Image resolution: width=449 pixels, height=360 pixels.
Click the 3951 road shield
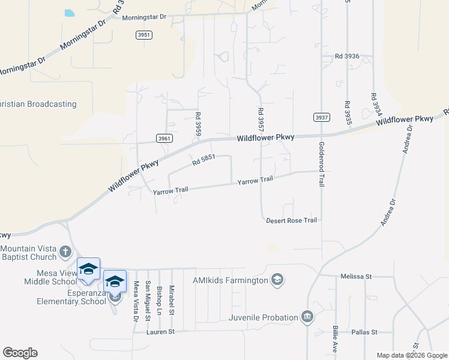[x=143, y=35]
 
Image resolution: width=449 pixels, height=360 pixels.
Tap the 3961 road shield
[x=165, y=139]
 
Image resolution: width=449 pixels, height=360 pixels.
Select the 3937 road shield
[x=322, y=118]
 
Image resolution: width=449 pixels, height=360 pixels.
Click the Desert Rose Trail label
[x=291, y=220]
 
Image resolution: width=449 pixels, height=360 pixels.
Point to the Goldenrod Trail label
[x=322, y=164]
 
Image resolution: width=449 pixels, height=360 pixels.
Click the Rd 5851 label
[x=204, y=161]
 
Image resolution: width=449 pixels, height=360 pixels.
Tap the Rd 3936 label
[x=347, y=56]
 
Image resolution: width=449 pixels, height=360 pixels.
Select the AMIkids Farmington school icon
[x=277, y=280]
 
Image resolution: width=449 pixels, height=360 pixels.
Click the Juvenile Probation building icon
[x=307, y=316]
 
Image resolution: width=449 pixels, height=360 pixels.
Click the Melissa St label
[x=357, y=277]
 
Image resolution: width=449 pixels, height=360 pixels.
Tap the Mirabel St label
[x=172, y=299]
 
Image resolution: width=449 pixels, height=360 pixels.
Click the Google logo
[x=20, y=353]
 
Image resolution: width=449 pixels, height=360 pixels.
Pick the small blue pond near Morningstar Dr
[x=69, y=13]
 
